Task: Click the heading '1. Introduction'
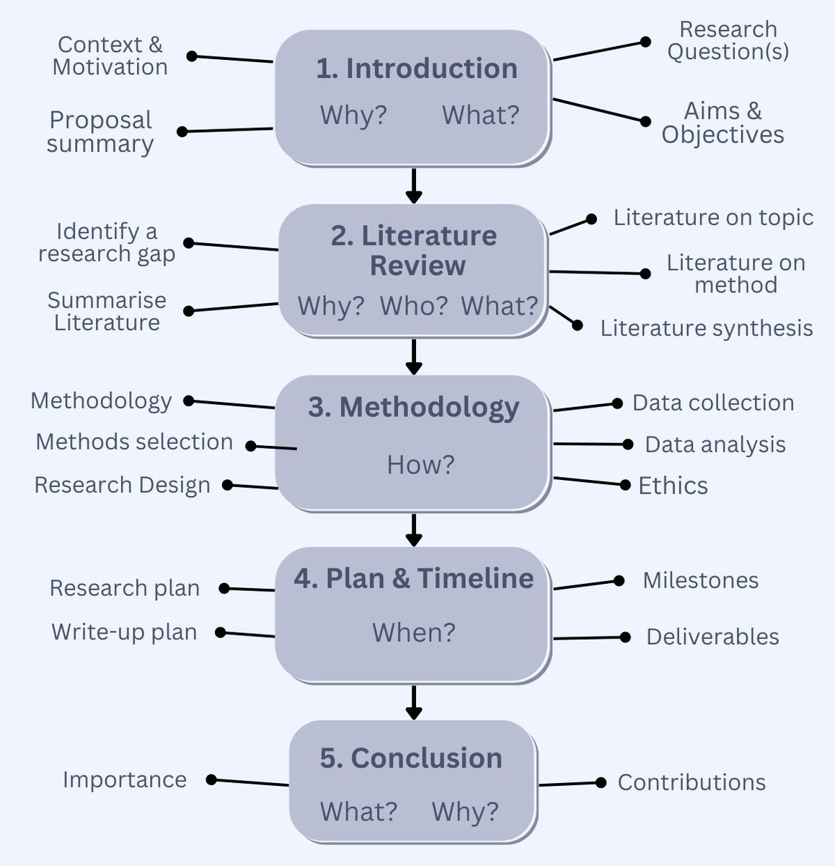(x=417, y=69)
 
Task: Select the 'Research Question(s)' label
(x=728, y=40)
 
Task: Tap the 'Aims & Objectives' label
(x=723, y=123)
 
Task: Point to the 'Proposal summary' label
(x=100, y=131)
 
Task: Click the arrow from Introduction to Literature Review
(x=413, y=185)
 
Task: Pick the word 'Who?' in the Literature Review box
(x=414, y=306)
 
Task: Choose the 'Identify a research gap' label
(x=107, y=242)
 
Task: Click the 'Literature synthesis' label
(x=707, y=328)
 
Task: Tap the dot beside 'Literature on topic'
(x=591, y=219)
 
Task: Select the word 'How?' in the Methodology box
(x=420, y=464)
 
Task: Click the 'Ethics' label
(x=673, y=486)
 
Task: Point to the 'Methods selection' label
(x=134, y=442)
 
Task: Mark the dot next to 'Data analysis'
(x=628, y=445)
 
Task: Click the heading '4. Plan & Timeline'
(x=413, y=579)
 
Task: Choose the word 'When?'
(x=414, y=633)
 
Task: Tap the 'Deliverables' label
(x=712, y=637)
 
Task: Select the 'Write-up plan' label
(x=124, y=632)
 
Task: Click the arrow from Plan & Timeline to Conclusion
(x=413, y=702)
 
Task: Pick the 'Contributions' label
(x=692, y=782)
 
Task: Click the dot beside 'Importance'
(x=211, y=779)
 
